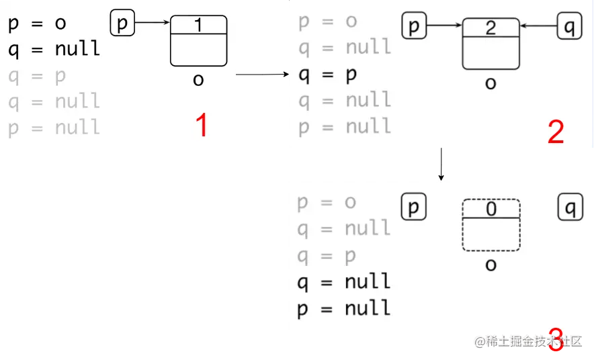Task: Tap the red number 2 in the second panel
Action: (x=556, y=132)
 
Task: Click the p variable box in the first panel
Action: (x=122, y=24)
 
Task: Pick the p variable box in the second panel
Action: (x=414, y=27)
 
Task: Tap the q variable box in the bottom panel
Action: (x=570, y=208)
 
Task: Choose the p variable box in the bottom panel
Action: (x=413, y=208)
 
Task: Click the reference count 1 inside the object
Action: (x=198, y=25)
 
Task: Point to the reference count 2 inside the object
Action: (x=491, y=28)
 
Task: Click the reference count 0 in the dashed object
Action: (x=491, y=209)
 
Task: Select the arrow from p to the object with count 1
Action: (x=153, y=24)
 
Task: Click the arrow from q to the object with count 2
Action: (x=538, y=27)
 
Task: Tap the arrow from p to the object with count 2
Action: (x=445, y=27)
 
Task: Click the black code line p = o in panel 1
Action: (x=37, y=24)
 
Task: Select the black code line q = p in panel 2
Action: (x=327, y=74)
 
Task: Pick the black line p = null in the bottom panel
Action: (x=343, y=308)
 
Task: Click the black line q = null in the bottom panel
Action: (x=343, y=281)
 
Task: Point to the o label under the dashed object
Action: (x=491, y=265)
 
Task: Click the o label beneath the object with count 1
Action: (x=198, y=80)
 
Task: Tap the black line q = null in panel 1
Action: (x=54, y=49)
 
